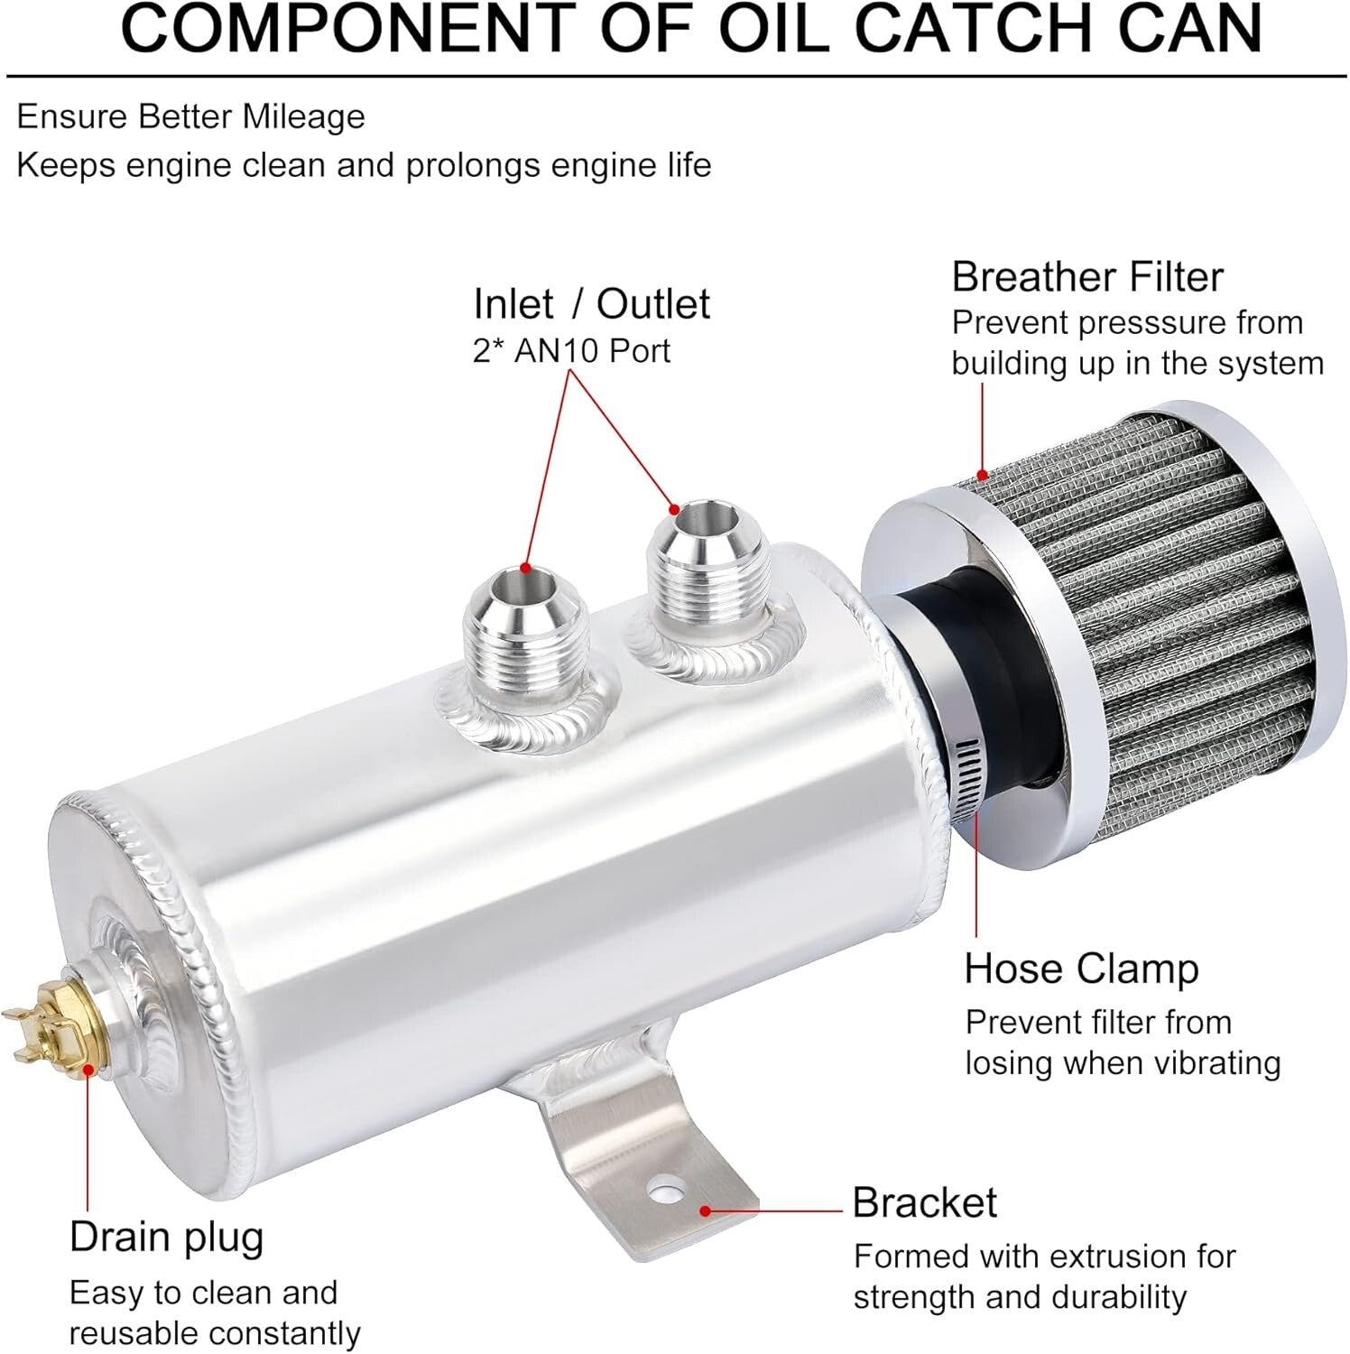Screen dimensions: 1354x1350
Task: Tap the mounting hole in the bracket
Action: pyautogui.click(x=666, y=1186)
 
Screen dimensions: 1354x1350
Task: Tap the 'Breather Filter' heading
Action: pyautogui.click(x=1086, y=277)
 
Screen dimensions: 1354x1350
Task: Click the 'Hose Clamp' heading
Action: pyautogui.click(x=1080, y=969)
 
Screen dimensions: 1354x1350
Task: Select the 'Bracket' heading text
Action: pyautogui.click(x=924, y=1202)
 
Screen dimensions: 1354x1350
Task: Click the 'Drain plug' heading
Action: pyautogui.click(x=166, y=1238)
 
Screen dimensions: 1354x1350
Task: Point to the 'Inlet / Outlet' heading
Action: pyautogui.click(x=591, y=304)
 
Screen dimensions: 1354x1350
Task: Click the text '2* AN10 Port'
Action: pyautogui.click(x=571, y=351)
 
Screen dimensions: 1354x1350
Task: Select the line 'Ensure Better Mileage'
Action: pyautogui.click(x=190, y=117)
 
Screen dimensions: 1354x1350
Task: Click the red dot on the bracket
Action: pyautogui.click(x=704, y=1210)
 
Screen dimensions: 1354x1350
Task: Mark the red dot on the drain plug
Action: pyautogui.click(x=88, y=1069)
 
